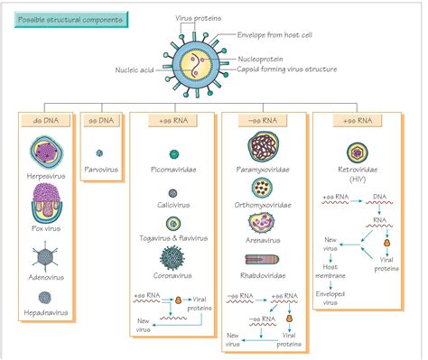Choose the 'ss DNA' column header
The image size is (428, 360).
click(x=100, y=119)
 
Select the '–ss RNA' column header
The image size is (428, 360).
click(x=261, y=119)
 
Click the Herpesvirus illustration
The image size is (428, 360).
click(x=46, y=152)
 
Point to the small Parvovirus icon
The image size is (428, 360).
click(x=100, y=152)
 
